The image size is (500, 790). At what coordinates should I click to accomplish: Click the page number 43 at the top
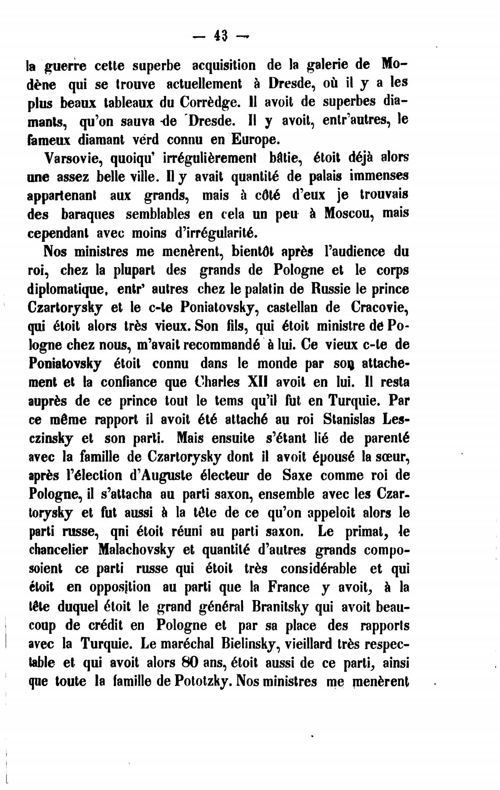pyautogui.click(x=221, y=35)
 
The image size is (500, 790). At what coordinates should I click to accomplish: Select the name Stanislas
pyautogui.click(x=349, y=419)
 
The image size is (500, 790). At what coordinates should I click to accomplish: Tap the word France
pyautogui.click(x=288, y=587)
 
